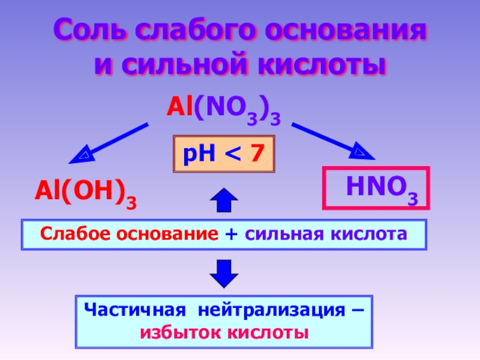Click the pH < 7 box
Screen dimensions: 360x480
tap(223, 154)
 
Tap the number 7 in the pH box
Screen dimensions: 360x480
tap(257, 154)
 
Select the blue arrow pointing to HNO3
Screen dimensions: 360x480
tap(334, 141)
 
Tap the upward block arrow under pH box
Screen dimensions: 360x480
tap(223, 199)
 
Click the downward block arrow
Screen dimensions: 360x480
tap(223, 274)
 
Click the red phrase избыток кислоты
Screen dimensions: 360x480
tap(223, 332)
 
